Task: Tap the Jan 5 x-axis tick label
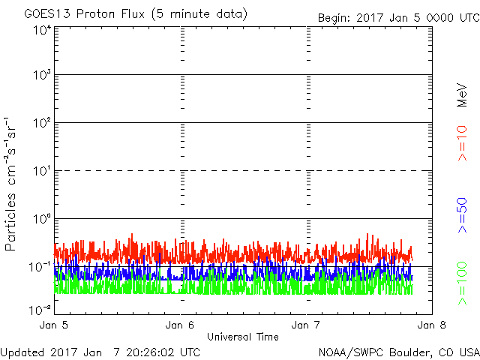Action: point(53,325)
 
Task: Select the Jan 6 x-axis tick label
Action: point(180,325)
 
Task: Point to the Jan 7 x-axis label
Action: point(305,325)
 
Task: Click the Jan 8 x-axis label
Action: point(432,325)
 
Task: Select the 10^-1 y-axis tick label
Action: point(40,267)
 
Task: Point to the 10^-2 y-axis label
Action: point(40,310)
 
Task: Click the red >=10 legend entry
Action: point(462,143)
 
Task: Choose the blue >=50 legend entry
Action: point(462,215)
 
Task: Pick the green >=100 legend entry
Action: point(462,283)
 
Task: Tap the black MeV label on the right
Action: point(462,95)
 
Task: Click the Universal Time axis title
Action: point(243,337)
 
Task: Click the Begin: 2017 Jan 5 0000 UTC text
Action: point(398,18)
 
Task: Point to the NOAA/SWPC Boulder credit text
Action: point(399,352)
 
